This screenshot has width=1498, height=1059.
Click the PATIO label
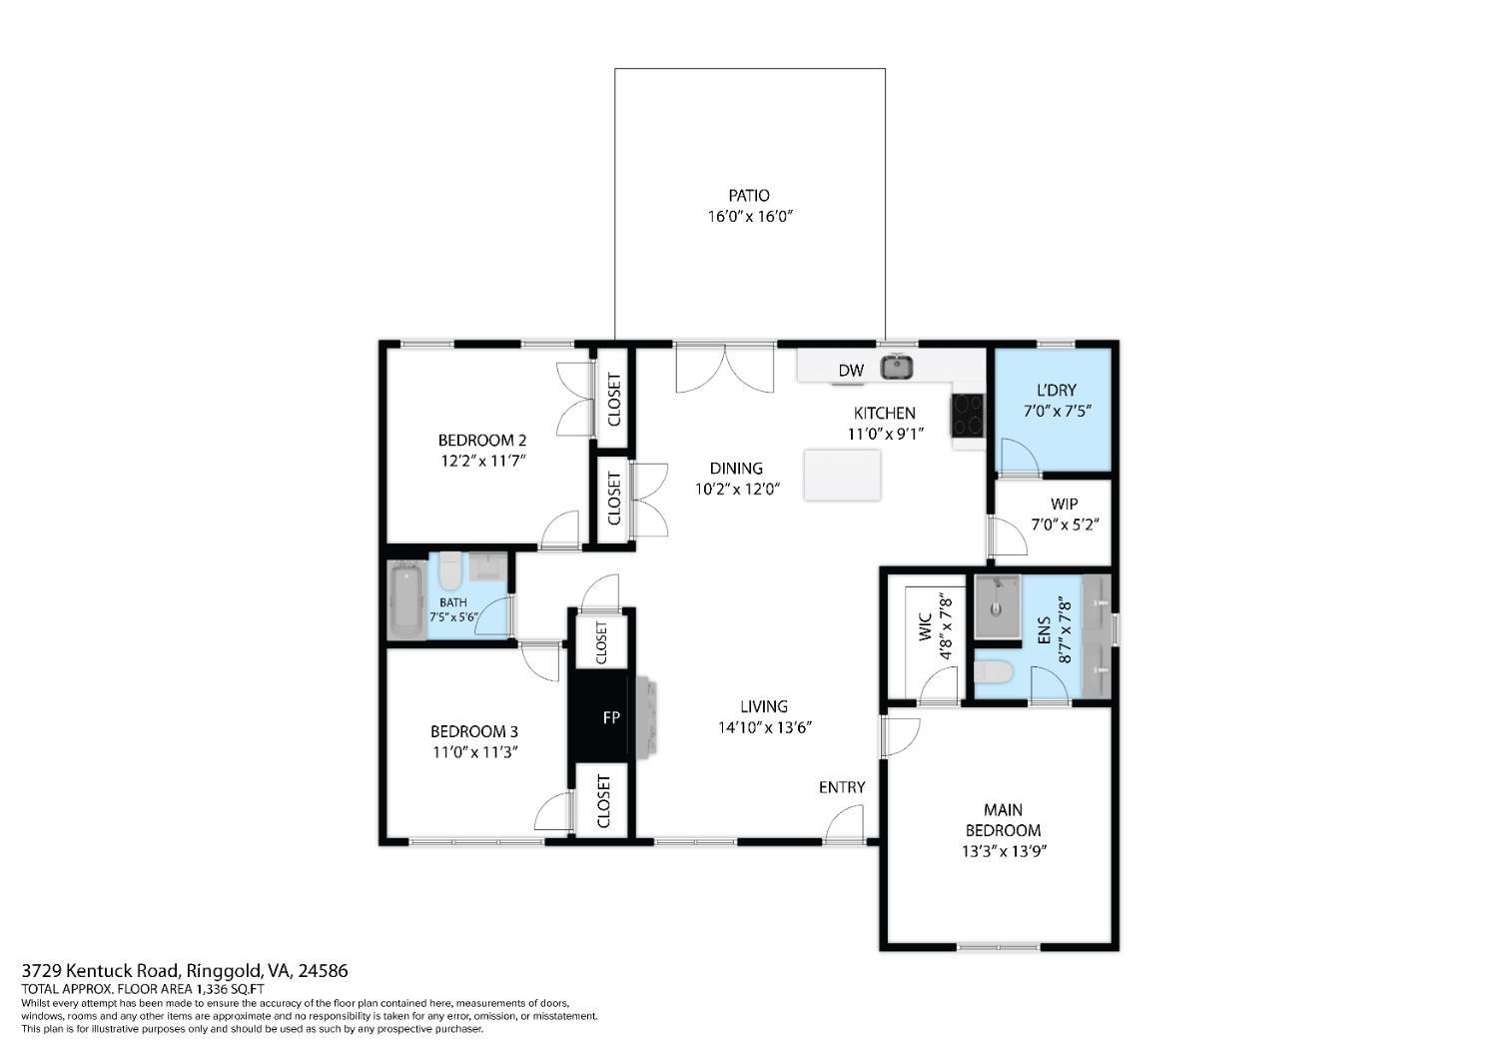[748, 196]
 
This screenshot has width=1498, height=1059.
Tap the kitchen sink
[897, 367]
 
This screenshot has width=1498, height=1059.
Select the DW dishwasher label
[850, 371]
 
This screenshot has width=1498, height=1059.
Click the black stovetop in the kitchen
[966, 415]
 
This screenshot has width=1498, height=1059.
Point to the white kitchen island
[842, 475]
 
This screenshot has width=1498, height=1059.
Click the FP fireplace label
[610, 717]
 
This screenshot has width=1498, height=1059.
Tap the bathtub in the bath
[406, 599]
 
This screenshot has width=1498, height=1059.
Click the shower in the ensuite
[998, 605]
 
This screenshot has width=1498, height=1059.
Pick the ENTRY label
[842, 787]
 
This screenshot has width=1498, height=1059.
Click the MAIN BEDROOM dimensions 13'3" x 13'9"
[1003, 852]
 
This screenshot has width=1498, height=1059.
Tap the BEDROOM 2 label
[481, 440]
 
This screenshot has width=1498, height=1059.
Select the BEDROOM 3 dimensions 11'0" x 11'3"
[474, 752]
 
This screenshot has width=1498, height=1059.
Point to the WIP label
[1064, 504]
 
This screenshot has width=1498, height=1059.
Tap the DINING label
[736, 468]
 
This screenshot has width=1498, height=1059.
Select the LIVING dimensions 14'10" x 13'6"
[764, 727]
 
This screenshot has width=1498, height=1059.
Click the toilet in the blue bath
[450, 571]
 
